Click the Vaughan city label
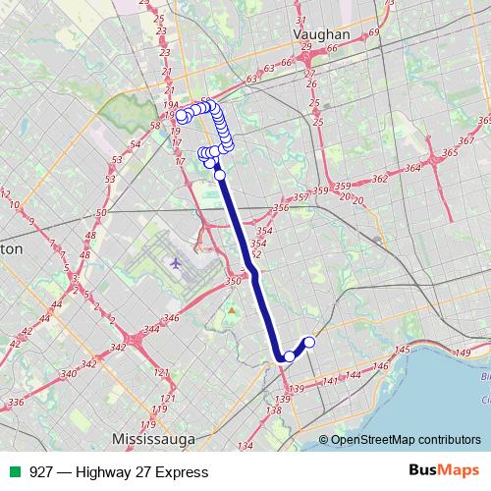(x=321, y=33)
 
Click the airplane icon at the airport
(x=176, y=263)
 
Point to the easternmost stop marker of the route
(x=310, y=342)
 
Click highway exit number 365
(x=451, y=153)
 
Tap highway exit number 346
(x=171, y=318)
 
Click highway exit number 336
(x=15, y=403)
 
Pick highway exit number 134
(x=245, y=447)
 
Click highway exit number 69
(x=374, y=33)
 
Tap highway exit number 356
(x=281, y=207)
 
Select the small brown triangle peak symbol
(x=232, y=309)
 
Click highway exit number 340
(x=69, y=374)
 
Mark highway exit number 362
(x=380, y=180)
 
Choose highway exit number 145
(x=402, y=351)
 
